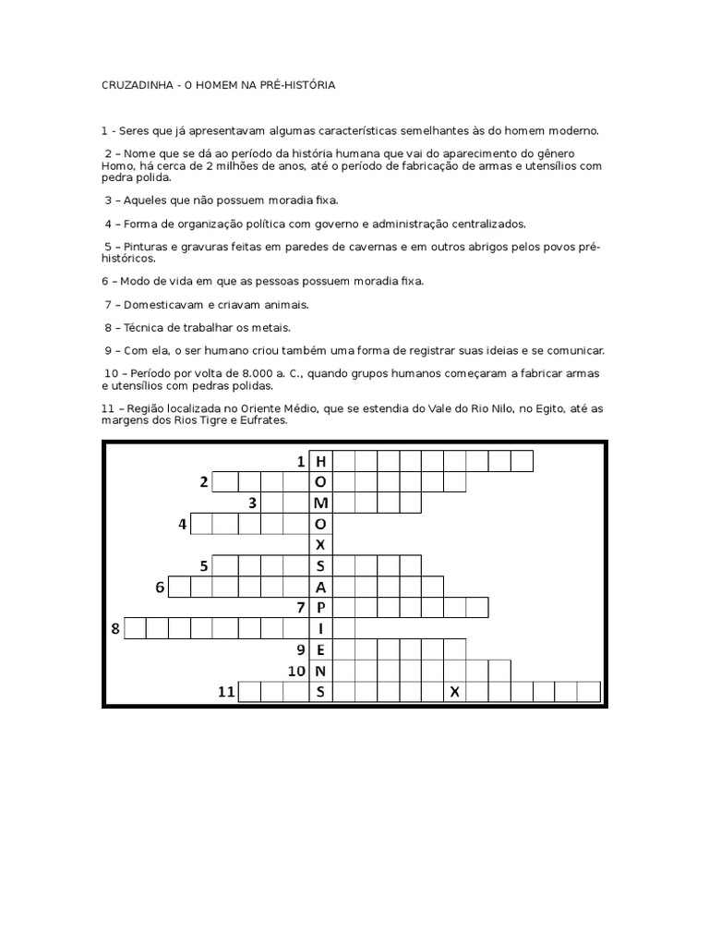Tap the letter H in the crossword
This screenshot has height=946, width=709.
coord(320,461)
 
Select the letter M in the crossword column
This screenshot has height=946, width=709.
coord(320,503)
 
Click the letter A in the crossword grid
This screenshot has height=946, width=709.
coord(320,587)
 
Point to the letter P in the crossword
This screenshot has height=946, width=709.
coord(320,608)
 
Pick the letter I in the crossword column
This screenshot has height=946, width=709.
coord(320,629)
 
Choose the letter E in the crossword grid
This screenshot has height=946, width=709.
coord(320,649)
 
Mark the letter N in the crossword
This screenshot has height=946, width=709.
coord(320,671)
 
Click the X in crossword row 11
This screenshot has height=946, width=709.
coord(454,692)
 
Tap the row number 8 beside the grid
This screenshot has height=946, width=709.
coord(115,629)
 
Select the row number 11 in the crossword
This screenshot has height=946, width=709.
coord(225,692)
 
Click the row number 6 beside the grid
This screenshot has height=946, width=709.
coord(160,587)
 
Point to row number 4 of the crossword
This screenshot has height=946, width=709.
coord(183,524)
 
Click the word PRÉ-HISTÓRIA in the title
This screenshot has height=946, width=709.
coord(291,85)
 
